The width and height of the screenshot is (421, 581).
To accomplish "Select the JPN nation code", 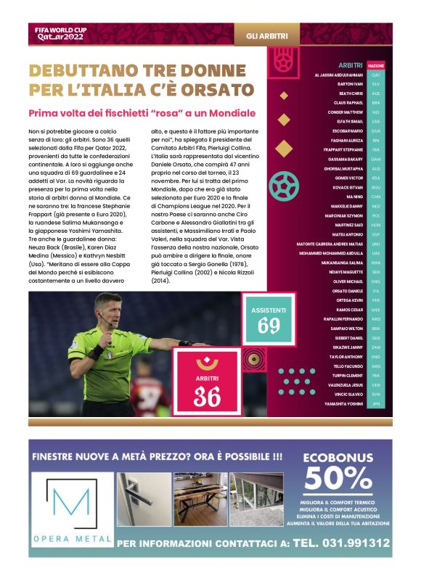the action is tap(375, 403).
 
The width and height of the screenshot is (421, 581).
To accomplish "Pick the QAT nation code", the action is tap(375, 74).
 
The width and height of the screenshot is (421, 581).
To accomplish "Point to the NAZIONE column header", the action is tap(376, 65).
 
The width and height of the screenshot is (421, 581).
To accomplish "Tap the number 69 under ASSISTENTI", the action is tap(269, 326).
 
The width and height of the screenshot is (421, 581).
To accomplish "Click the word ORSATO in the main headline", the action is tap(211, 91).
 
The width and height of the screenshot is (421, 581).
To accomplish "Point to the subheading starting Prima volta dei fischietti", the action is tap(142, 113).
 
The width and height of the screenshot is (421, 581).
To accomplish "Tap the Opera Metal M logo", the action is tap(71, 505).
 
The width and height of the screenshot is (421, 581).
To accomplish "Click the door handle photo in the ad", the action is tap(143, 500).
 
